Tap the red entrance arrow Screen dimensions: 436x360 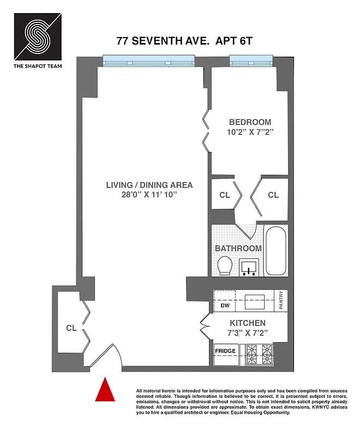tap(104, 391)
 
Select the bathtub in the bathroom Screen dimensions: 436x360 tap(275, 251)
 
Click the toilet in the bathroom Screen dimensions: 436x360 tap(224, 267)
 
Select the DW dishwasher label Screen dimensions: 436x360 tap(225, 306)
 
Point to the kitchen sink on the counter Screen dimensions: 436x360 tap(255, 299)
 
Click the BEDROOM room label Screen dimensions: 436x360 tap(250, 122)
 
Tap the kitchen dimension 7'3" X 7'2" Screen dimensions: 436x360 tap(247, 333)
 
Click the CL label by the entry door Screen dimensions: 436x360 tap(71, 328)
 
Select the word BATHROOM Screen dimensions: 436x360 tap(238, 249)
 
